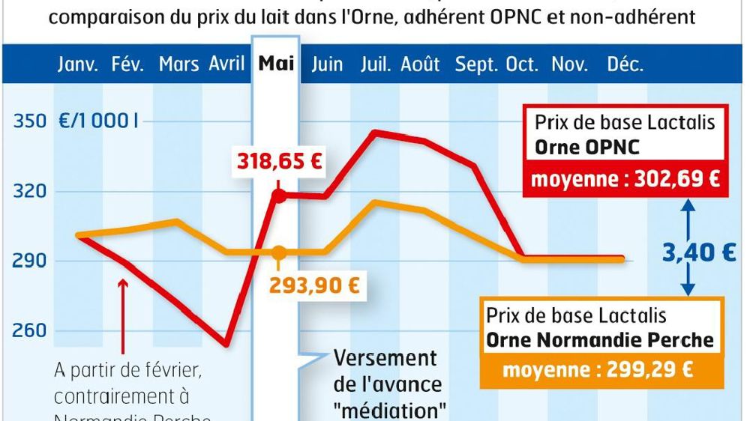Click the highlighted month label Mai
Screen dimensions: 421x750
pyautogui.click(x=277, y=64)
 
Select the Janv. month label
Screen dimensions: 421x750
pyautogui.click(x=78, y=64)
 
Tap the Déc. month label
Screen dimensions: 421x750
pyautogui.click(x=625, y=64)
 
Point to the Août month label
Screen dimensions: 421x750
pyautogui.click(x=420, y=64)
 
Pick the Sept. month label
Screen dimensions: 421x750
pyautogui.click(x=476, y=64)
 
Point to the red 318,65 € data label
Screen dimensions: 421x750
pyautogui.click(x=280, y=161)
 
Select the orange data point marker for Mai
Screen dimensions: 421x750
pyautogui.click(x=278, y=252)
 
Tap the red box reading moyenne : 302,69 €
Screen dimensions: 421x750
pyautogui.click(x=625, y=180)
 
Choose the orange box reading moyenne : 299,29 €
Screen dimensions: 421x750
pyautogui.click(x=597, y=369)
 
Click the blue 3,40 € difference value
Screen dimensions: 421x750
pyautogui.click(x=698, y=253)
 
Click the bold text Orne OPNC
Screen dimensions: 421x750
pyautogui.click(x=587, y=147)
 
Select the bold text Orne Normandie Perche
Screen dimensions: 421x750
pyautogui.click(x=600, y=339)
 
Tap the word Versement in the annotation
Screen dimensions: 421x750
pyautogui.click(x=384, y=358)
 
